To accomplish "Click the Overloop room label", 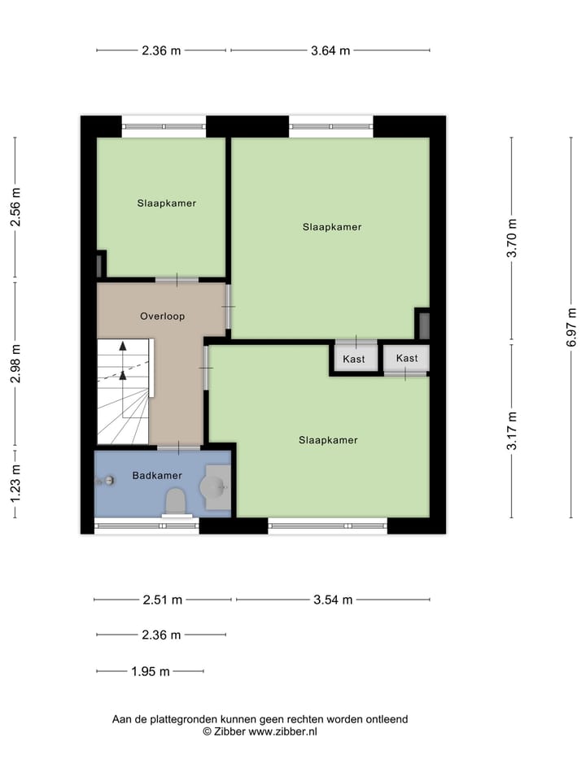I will click(162, 316).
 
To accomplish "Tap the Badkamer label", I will click(156, 475).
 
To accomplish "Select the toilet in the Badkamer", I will click(176, 501).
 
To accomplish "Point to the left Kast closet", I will click(354, 358).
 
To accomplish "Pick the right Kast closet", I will click(406, 358).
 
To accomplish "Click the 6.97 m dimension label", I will click(572, 327).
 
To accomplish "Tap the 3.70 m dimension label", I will click(512, 238).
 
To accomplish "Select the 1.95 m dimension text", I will click(151, 671).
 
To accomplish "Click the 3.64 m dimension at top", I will click(330, 50).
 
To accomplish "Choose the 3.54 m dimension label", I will click(333, 600).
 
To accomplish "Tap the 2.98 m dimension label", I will click(15, 364).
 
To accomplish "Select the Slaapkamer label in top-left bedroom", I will click(166, 203).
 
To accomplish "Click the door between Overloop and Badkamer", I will click(179, 447).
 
